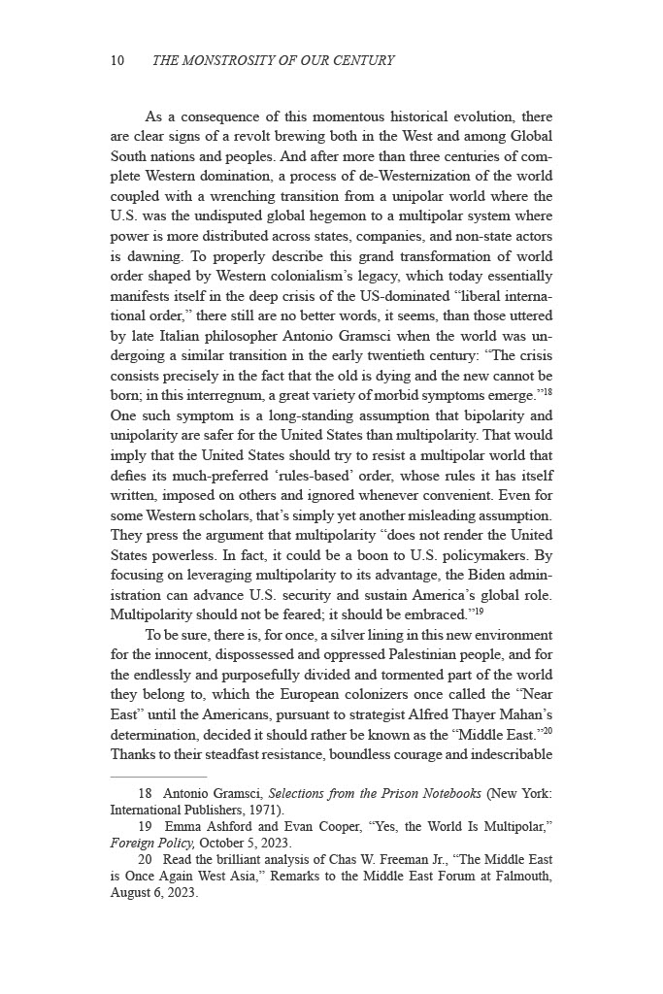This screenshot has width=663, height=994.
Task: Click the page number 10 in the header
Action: pos(116,61)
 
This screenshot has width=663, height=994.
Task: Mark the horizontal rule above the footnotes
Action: pos(158,777)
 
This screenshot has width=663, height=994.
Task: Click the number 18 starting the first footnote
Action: pos(147,793)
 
